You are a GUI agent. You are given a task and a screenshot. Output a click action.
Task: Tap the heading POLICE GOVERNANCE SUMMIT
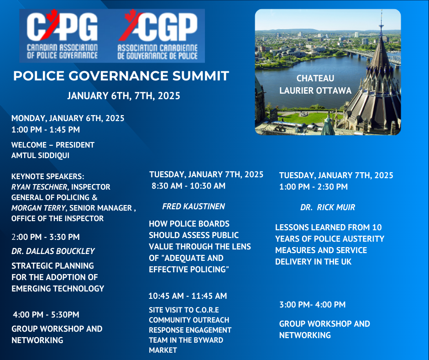[121, 76]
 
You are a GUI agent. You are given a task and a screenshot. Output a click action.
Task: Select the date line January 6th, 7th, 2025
[124, 95]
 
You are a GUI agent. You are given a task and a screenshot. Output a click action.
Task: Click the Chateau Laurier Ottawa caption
[315, 85]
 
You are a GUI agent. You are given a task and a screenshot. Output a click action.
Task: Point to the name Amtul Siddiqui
[40, 155]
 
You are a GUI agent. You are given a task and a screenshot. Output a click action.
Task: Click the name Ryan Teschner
[39, 187]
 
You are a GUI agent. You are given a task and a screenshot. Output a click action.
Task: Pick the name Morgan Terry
[39, 208]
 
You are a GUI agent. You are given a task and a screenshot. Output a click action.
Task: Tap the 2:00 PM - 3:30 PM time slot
[46, 237]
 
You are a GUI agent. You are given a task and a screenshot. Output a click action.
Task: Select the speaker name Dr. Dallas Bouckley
[53, 251]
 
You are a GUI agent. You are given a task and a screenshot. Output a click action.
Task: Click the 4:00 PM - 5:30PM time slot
[46, 314]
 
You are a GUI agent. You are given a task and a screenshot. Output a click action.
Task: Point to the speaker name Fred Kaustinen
[194, 206]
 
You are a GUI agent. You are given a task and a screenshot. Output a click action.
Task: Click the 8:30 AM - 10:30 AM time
[188, 186]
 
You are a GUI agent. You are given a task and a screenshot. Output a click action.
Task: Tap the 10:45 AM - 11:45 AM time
[188, 296]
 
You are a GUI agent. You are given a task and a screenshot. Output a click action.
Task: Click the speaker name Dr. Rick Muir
[328, 207]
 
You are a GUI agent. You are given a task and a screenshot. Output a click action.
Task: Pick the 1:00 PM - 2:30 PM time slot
[313, 186]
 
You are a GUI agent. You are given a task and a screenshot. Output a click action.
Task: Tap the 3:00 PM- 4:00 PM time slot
[313, 304]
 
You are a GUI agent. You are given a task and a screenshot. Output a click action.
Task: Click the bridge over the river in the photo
[372, 55]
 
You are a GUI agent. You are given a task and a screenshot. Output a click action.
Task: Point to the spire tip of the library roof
[381, 11]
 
